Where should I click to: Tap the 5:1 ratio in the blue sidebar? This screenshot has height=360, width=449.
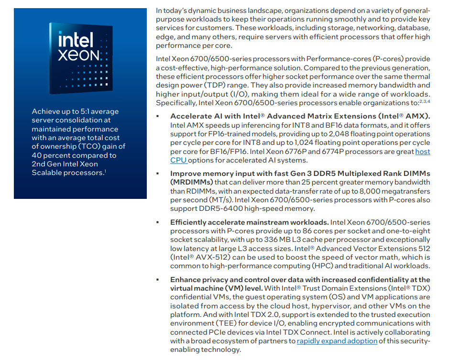click(80, 111)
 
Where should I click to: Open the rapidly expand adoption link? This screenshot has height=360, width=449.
click(337, 341)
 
